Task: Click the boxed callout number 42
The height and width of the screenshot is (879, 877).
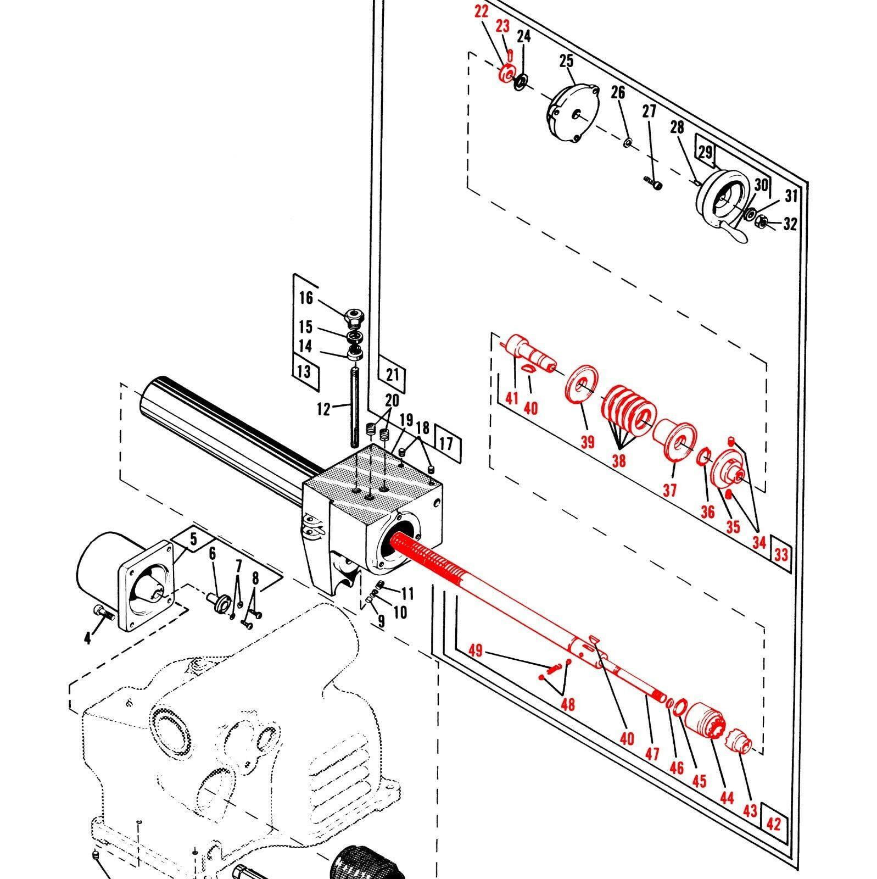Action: coord(773,824)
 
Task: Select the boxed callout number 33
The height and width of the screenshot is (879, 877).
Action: coord(781,555)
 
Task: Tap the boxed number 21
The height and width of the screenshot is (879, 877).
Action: coord(392,375)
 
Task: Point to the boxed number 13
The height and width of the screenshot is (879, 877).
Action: coord(304,371)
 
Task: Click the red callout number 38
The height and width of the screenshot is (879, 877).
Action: coord(618,460)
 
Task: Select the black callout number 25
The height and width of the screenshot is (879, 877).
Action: coord(566,61)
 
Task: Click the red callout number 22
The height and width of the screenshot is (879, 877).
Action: coord(481,12)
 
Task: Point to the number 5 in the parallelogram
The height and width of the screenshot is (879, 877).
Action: coord(193,540)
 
